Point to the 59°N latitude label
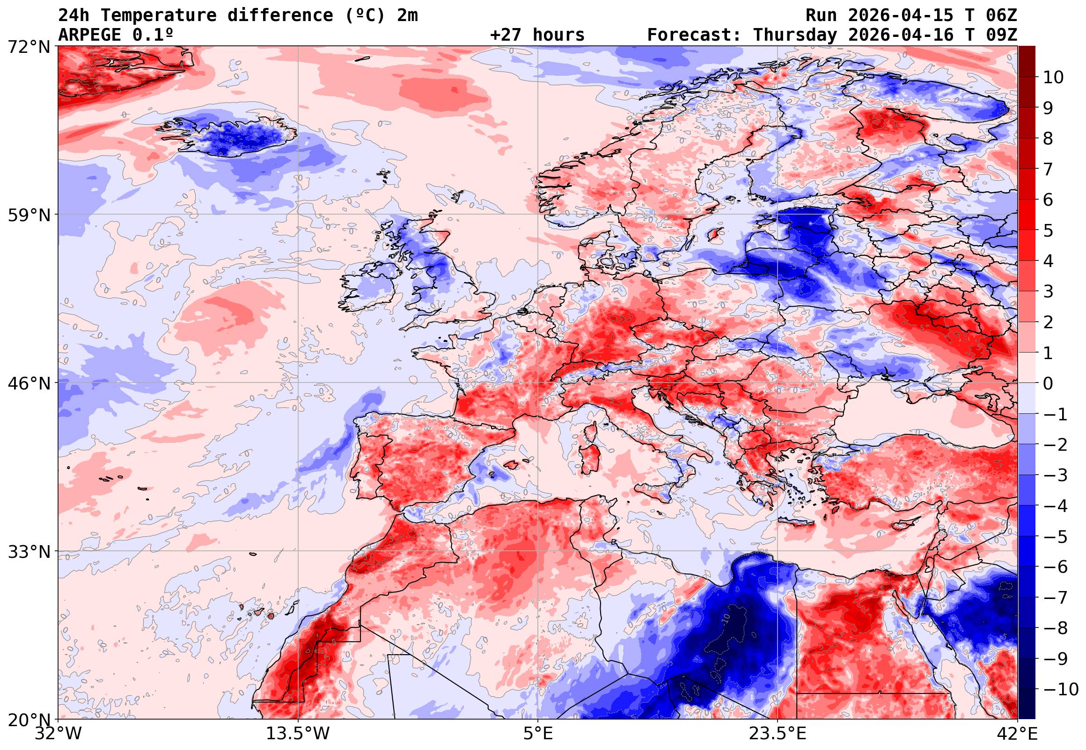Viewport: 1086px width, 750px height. [29, 215]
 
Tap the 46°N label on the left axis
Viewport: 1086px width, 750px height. [29, 383]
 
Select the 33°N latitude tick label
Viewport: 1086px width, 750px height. [29, 552]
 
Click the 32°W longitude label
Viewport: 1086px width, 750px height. [58, 734]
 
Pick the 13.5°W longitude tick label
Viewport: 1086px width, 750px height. [298, 734]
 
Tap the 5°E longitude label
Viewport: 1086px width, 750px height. [537, 734]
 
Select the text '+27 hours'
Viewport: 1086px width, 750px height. [537, 35]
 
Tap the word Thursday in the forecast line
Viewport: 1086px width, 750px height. [795, 35]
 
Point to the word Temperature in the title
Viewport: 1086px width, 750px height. [159, 15]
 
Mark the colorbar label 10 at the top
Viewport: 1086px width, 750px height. [1053, 78]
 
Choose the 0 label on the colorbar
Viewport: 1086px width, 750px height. [1048, 383]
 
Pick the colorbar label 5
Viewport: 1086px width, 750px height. [1048, 231]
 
